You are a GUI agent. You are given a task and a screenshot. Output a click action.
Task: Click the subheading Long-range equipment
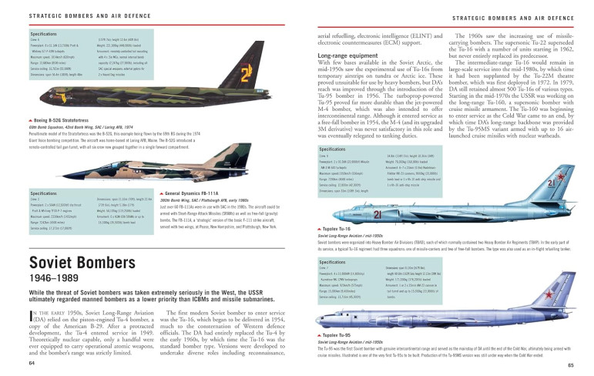tap(346, 56)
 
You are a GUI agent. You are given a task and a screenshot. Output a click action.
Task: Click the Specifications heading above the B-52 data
tap(43, 35)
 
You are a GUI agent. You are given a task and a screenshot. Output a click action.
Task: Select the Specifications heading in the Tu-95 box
tap(332, 261)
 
